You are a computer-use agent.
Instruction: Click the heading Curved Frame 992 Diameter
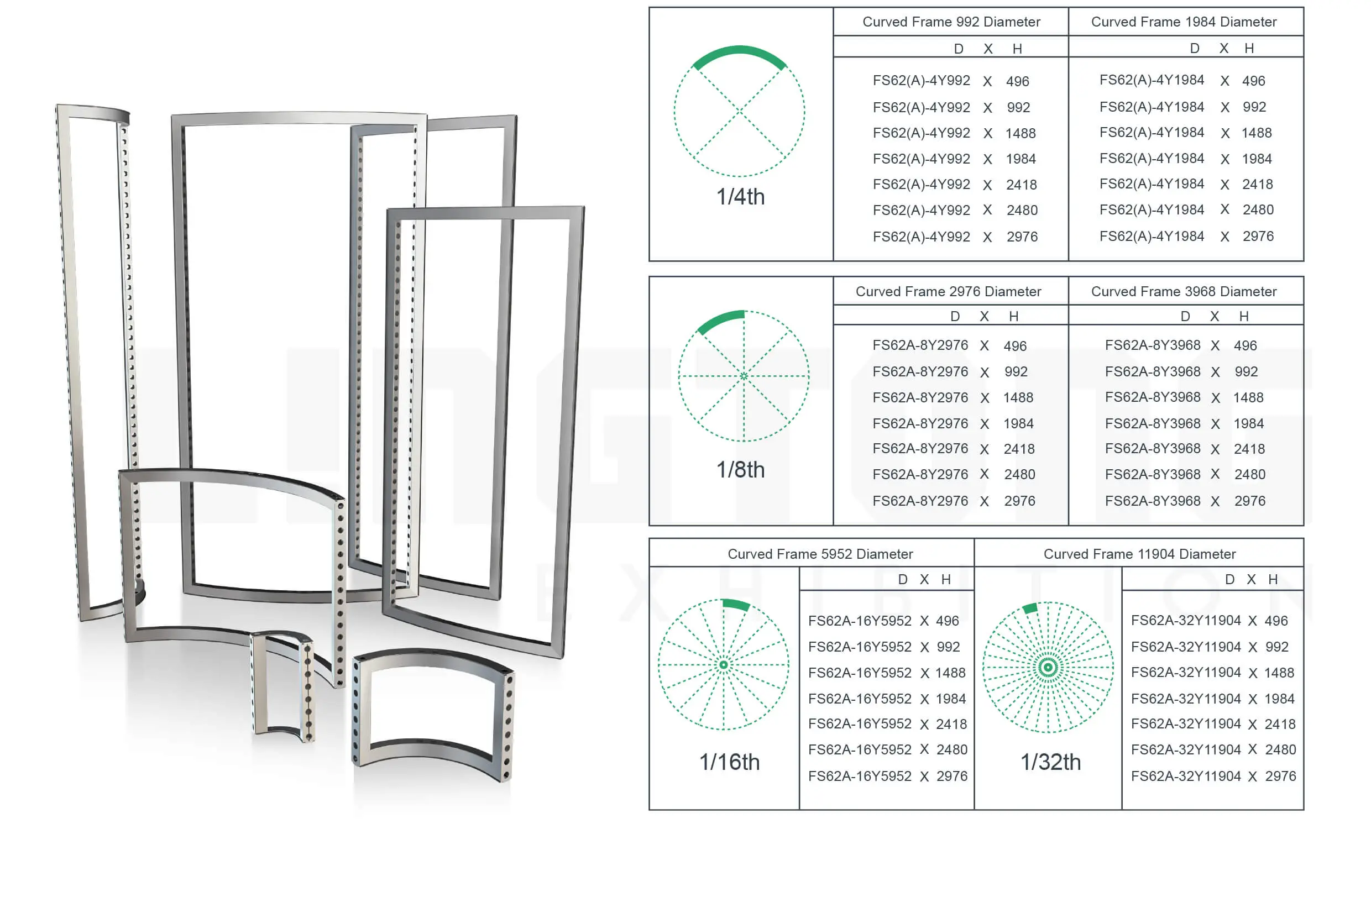pyautogui.click(x=951, y=22)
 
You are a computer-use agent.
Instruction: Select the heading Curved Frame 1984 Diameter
pyautogui.click(x=1184, y=22)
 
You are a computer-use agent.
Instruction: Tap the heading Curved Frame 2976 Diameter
pyautogui.click(x=948, y=291)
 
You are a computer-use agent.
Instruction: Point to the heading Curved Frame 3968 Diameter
pyautogui.click(x=1184, y=291)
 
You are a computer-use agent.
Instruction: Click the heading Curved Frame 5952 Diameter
pyautogui.click(x=820, y=554)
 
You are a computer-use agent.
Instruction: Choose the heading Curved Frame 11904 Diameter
pyautogui.click(x=1139, y=554)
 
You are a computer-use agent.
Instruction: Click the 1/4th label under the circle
pyautogui.click(x=740, y=197)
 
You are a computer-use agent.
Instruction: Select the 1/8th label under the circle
pyautogui.click(x=740, y=470)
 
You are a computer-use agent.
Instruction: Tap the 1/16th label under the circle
pyautogui.click(x=729, y=762)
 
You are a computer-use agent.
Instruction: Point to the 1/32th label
pyautogui.click(x=1051, y=762)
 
